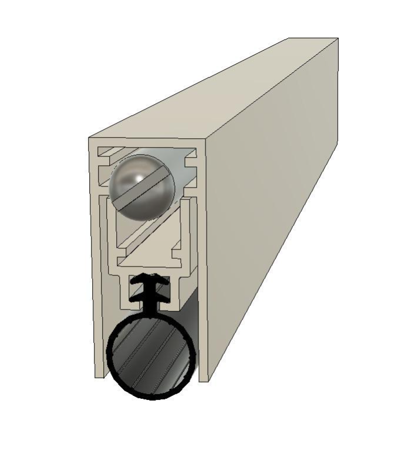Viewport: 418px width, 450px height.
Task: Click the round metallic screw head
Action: click(x=141, y=188)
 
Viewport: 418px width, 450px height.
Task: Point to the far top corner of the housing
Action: click(x=338, y=39)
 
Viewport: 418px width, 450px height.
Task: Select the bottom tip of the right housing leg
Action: click(x=203, y=379)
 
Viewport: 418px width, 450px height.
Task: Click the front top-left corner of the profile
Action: click(x=89, y=139)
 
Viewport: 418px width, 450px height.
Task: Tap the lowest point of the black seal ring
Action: click(x=151, y=398)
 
